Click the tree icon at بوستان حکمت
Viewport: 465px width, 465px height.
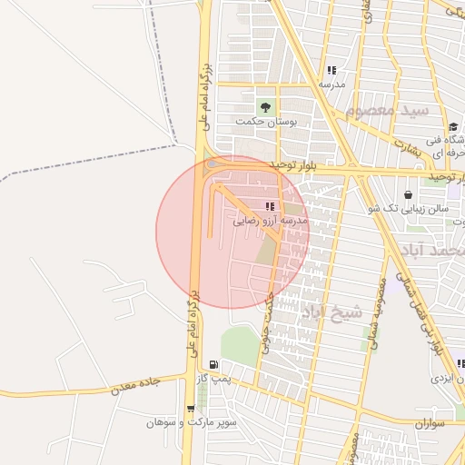267,107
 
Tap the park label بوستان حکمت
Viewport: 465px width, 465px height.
262,121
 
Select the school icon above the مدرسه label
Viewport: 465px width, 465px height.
331,70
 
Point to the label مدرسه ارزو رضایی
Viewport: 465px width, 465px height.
271,221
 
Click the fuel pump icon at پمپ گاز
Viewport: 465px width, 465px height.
213,364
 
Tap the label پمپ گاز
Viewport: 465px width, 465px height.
212,377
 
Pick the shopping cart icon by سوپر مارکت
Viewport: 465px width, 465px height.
190,409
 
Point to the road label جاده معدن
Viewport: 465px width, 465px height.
135,386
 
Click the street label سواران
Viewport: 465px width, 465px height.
430,423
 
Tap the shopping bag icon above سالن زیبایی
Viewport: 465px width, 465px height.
407,194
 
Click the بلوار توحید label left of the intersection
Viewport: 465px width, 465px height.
296,164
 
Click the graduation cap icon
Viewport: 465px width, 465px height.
452,126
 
